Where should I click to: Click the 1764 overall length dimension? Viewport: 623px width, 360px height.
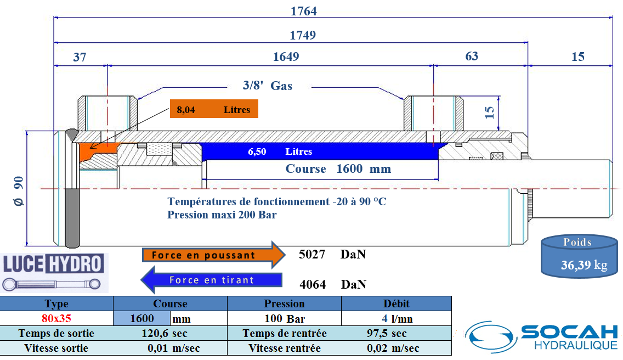coord(304,11)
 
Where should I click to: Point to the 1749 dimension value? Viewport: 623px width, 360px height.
coord(303,36)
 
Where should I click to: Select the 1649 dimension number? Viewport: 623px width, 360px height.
coord(286,57)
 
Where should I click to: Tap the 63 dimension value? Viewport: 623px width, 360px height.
coord(472,56)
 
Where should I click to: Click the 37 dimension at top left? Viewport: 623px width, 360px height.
coord(80,57)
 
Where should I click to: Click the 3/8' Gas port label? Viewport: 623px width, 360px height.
coord(268,86)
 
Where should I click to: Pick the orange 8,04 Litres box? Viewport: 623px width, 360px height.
coord(214,109)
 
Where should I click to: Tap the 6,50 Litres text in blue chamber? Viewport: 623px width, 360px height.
coord(280,151)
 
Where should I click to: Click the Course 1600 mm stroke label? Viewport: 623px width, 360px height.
coord(338,168)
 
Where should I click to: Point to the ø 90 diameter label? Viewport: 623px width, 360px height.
coord(19,192)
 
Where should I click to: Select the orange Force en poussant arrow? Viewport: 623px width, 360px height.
coord(214,255)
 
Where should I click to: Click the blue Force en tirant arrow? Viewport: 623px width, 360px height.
coord(211,280)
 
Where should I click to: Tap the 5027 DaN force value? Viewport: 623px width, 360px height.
coord(332,254)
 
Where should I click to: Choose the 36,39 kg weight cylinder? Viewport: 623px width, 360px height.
coord(579,256)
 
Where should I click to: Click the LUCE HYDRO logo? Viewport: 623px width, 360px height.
coord(54,273)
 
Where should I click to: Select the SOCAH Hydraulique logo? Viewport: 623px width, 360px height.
coord(542,337)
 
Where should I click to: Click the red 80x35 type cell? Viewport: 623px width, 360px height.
coord(56,318)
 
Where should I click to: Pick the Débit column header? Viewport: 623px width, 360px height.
coord(397,303)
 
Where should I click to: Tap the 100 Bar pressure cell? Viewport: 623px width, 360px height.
coord(285,319)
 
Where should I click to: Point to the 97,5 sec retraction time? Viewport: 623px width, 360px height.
coord(387,333)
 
